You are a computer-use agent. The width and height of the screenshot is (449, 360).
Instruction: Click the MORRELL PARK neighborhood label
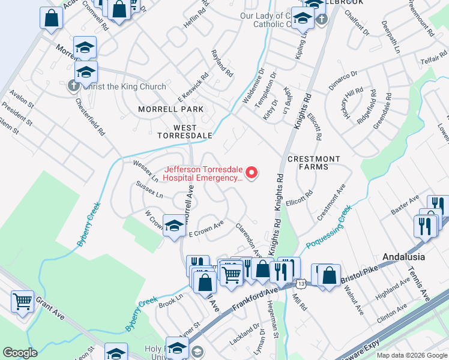170,109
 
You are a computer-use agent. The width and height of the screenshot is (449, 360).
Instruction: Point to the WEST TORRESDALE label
184,131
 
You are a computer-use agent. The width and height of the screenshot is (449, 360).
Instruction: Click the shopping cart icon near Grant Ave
23,301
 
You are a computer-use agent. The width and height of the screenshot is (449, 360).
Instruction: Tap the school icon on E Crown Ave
174,226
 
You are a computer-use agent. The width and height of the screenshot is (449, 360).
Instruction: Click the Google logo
20,353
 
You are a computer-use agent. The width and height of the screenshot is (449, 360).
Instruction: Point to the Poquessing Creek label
328,228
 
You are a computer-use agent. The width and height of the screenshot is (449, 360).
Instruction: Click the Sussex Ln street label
149,191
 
